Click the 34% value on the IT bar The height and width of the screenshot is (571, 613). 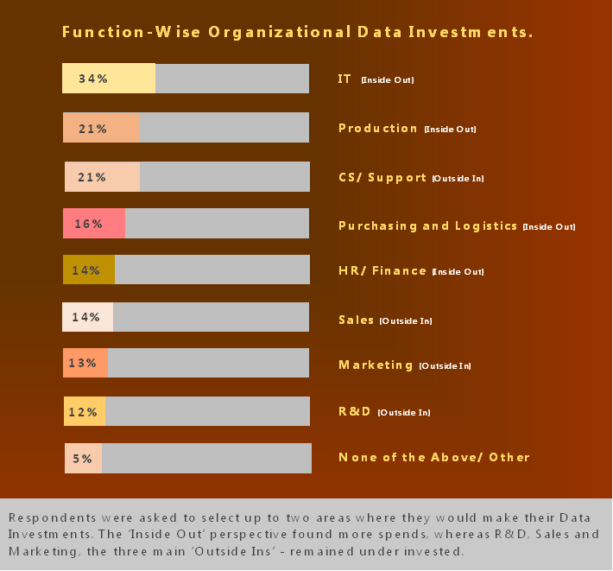click(92, 79)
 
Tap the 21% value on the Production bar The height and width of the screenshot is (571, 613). click(92, 129)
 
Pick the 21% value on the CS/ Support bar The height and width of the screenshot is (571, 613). click(92, 177)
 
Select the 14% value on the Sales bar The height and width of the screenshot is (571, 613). click(86, 317)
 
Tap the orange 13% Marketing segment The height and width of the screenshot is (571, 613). click(85, 364)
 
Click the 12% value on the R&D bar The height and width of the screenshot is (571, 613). click(83, 412)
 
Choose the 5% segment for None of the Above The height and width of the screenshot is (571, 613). click(83, 459)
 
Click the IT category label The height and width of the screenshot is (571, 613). click(344, 79)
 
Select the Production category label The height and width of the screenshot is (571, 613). click(378, 129)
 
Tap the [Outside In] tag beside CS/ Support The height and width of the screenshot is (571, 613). click(458, 179)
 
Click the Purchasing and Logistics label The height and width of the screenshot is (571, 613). click(428, 225)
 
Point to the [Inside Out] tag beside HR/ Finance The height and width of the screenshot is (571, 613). click(458, 272)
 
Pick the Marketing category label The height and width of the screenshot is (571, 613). click(376, 365)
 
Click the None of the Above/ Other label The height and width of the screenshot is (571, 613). click(433, 457)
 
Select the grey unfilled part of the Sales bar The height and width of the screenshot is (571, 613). click(211, 317)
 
